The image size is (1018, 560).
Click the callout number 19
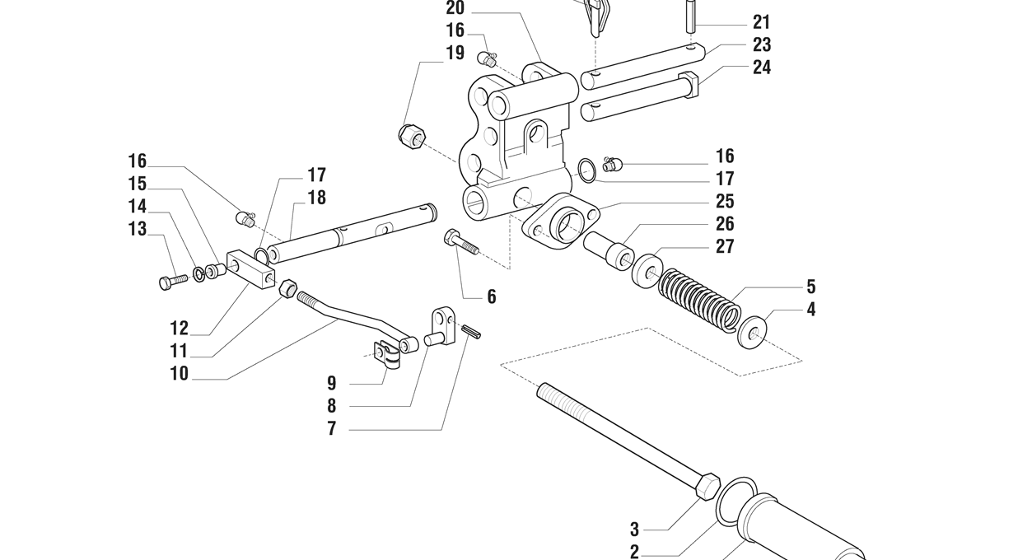[455, 54]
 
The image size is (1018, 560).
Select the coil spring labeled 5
[699, 299]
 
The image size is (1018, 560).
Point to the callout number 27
[725, 246]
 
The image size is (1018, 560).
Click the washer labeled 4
[752, 332]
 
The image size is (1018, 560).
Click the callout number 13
[138, 229]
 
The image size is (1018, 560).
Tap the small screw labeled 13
[173, 282]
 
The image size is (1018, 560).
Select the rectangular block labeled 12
[250, 272]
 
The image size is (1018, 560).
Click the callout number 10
[179, 374]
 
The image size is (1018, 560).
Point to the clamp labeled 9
[387, 355]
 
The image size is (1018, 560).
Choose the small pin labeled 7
[471, 331]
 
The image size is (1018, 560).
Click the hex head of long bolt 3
[707, 486]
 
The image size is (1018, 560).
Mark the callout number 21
[762, 21]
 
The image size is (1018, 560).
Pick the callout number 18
[317, 198]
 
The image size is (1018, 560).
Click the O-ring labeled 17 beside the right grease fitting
[586, 170]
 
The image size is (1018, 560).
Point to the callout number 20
[455, 8]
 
